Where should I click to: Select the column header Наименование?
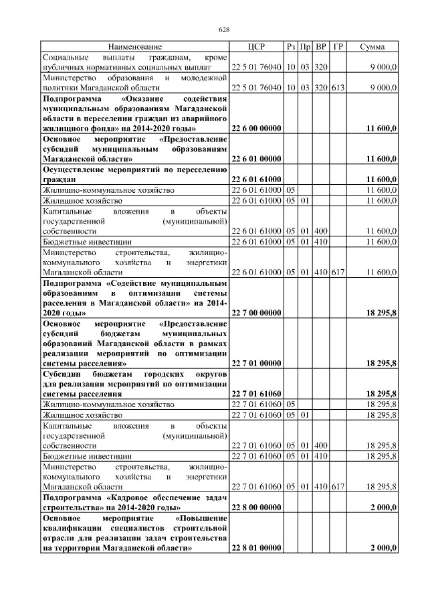click(134, 47)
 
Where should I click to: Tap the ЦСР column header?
click(256, 47)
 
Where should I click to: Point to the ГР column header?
click(338, 47)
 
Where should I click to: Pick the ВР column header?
click(321, 47)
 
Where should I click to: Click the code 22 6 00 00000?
click(256, 128)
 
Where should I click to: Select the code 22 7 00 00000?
click(256, 313)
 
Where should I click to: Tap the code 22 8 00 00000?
click(256, 508)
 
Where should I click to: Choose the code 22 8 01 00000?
click(256, 548)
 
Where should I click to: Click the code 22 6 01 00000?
click(256, 159)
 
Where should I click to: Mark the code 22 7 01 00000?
click(256, 364)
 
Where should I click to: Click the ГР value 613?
click(338, 87)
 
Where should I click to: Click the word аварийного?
click(203, 118)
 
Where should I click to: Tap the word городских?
click(164, 374)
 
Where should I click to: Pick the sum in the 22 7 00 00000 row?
click(382, 313)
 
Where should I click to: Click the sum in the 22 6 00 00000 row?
click(382, 128)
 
